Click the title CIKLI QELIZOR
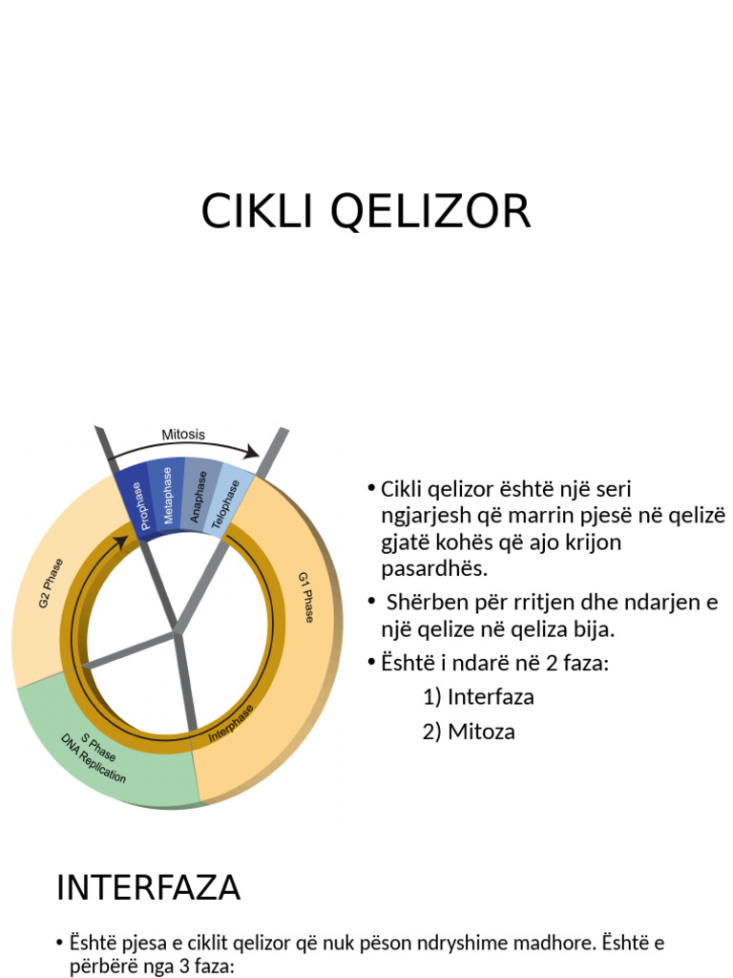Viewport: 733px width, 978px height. click(366, 212)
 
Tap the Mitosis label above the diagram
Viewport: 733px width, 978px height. click(182, 435)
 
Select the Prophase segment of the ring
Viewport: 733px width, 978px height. click(137, 503)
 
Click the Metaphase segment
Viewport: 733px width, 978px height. click(168, 496)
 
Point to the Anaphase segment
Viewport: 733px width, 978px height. click(198, 495)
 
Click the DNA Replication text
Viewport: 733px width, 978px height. click(93, 758)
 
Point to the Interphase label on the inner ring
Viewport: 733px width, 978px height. click(231, 725)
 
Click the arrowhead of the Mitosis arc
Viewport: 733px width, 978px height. click(253, 452)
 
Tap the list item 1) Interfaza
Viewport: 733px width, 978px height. click(478, 697)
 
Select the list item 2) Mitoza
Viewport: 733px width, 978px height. click(469, 733)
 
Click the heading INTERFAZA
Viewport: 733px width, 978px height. click(148, 888)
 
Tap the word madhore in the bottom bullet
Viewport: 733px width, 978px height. click(555, 944)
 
